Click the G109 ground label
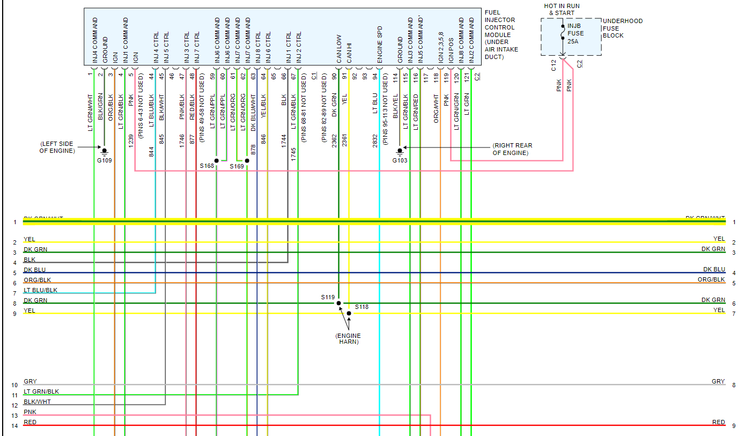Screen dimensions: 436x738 104,160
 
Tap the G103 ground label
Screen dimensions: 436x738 400,160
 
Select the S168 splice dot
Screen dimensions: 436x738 217,160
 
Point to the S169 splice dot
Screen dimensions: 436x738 247,160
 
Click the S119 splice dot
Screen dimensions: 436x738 338,303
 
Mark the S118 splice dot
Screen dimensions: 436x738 349,313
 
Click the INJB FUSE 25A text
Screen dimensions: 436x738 575,33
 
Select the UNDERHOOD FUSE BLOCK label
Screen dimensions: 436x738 622,28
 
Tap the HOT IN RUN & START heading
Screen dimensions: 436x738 562,9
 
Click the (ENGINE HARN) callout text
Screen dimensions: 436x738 349,339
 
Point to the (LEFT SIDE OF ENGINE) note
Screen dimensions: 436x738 57,147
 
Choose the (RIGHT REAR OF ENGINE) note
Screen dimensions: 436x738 512,149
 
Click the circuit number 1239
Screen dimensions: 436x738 130,141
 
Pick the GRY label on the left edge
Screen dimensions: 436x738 31,381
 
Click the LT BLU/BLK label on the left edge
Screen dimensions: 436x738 40,290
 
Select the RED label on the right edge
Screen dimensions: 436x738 719,422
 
